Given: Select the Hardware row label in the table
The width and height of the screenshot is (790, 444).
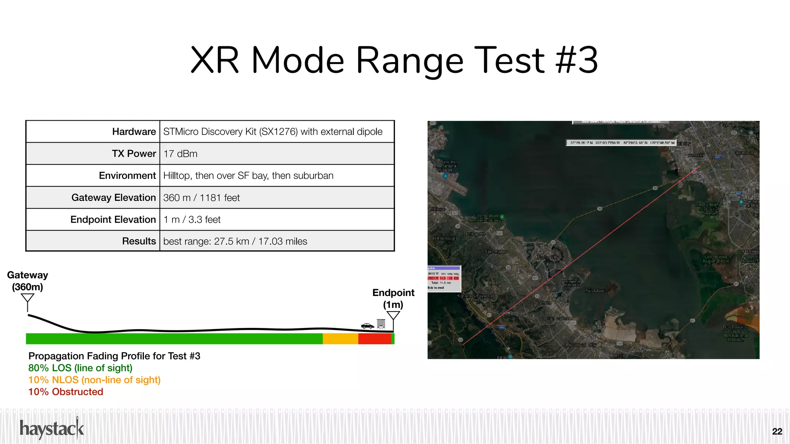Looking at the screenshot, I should click(134, 132).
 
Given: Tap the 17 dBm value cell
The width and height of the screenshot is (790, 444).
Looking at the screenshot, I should click(181, 154).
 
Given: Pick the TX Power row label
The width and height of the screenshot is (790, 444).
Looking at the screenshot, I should click(134, 154).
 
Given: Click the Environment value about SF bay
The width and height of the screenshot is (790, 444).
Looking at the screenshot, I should click(248, 176).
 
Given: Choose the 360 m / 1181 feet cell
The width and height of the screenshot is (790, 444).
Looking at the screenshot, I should click(201, 198).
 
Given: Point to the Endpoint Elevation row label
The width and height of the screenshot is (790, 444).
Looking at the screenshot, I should click(113, 220).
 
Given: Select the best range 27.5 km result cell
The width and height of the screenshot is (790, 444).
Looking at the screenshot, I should click(235, 242).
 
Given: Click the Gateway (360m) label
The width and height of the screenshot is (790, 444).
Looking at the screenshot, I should click(27, 281).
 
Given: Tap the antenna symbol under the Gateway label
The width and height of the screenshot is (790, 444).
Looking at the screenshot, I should click(27, 301).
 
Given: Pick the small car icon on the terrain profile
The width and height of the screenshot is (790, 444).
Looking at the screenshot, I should click(367, 326).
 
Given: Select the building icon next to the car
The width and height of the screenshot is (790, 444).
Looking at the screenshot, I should click(381, 324).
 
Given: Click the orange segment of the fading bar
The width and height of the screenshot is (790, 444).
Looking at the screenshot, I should click(340, 339).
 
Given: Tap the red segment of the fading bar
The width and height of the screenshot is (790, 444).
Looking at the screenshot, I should click(374, 339).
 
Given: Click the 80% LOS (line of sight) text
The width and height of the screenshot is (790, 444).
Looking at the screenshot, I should click(80, 368).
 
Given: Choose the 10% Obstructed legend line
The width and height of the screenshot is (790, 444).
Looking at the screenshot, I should click(66, 392).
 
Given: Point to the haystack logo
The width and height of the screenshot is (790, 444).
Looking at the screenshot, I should click(52, 429).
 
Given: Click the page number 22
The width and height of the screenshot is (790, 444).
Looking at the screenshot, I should click(777, 432).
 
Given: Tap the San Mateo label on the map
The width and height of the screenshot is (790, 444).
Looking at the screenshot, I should click(496, 252).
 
